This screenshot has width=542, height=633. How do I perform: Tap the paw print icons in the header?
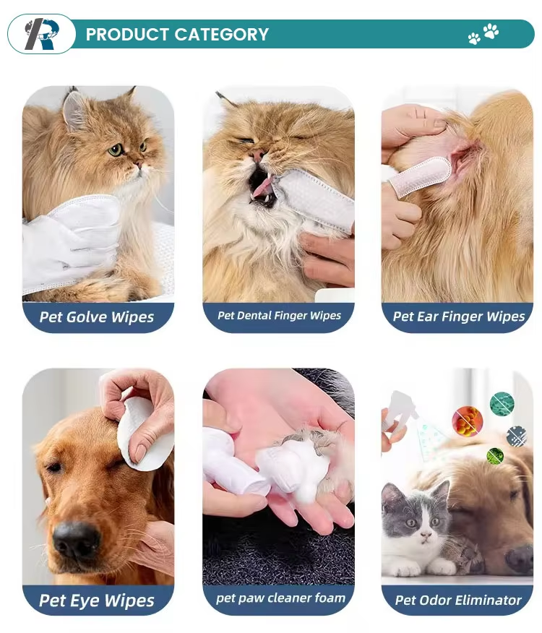click(x=483, y=33)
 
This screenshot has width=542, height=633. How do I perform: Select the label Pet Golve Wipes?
click(x=97, y=317)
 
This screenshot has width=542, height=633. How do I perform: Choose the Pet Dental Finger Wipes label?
click(x=279, y=315)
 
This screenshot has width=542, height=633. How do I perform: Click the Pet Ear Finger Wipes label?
click(x=459, y=316)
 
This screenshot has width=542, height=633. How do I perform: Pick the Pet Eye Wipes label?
click(x=97, y=600)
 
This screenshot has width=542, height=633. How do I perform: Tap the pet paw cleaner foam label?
click(x=280, y=598)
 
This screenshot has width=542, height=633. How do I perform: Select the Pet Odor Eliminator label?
click(x=458, y=600)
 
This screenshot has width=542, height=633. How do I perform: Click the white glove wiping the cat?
click(x=71, y=242)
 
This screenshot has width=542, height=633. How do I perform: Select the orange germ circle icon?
click(x=468, y=421)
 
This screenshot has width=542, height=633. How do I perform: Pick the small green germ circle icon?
click(x=496, y=456)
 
